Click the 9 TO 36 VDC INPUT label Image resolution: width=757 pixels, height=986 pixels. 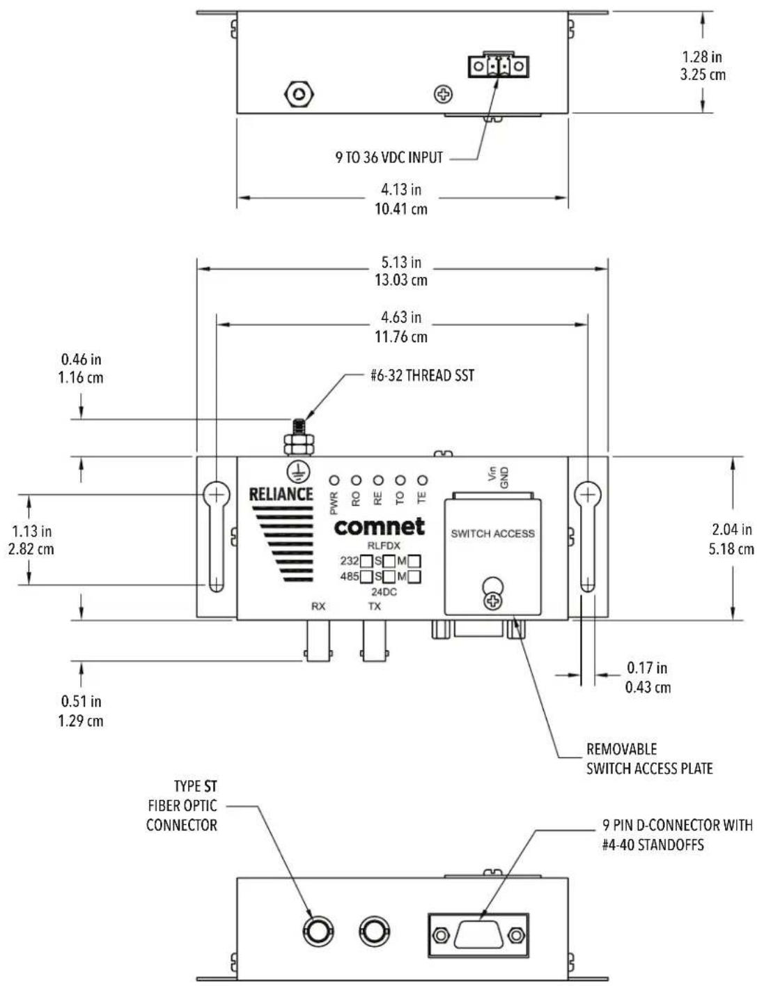click(x=389, y=157)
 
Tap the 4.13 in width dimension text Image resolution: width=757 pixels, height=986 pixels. click(x=400, y=190)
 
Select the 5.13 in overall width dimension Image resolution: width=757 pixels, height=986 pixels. click(x=400, y=262)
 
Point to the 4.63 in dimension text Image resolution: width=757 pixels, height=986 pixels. click(x=400, y=317)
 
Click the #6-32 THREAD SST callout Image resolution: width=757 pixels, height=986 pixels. click(x=422, y=376)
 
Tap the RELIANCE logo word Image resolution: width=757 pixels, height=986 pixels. click(x=281, y=494)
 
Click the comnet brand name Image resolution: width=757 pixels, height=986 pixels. click(x=380, y=526)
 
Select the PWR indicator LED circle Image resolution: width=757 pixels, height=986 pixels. click(x=334, y=480)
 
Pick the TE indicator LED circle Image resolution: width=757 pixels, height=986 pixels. click(x=422, y=480)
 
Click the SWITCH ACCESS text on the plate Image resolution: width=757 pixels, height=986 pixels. click(x=493, y=534)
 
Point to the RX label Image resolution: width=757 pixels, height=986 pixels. click(x=318, y=606)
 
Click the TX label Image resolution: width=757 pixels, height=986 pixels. click(x=375, y=606)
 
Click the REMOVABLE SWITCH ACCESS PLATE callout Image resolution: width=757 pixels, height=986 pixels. click(x=650, y=759)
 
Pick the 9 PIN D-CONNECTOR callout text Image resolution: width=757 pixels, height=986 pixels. click(x=677, y=835)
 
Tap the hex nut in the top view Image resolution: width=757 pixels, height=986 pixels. click(x=299, y=94)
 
